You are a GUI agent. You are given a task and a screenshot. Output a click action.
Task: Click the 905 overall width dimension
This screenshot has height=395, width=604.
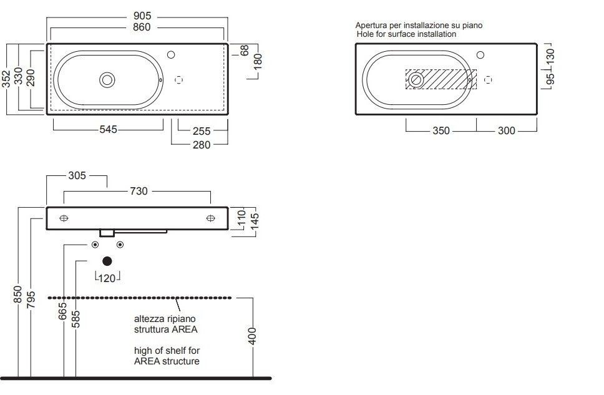click(x=142, y=16)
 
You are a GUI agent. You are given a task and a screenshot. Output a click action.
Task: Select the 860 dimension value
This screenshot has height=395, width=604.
click(x=142, y=27)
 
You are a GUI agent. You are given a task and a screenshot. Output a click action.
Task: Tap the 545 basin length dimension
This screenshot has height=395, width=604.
click(x=108, y=130)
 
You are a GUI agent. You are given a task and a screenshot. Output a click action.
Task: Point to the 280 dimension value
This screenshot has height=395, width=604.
click(x=202, y=145)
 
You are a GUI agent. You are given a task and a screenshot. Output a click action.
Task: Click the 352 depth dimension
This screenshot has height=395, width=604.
click(x=6, y=79)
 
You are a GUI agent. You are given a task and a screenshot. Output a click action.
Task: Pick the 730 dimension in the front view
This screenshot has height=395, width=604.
click(x=139, y=191)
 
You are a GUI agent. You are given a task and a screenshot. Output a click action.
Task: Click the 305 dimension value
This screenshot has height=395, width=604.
click(x=77, y=176)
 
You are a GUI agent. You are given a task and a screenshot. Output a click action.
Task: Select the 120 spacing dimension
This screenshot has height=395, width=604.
click(x=107, y=278)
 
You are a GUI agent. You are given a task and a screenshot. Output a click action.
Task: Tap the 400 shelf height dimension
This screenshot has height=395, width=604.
click(x=252, y=336)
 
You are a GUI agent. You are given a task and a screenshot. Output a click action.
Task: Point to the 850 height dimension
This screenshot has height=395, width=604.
click(x=17, y=295)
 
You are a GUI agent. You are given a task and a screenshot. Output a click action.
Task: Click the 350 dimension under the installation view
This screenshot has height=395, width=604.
click(x=441, y=130)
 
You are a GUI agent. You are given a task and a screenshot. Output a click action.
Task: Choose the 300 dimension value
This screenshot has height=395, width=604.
click(x=506, y=130)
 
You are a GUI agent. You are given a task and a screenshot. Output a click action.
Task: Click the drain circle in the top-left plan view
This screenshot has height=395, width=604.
click(x=107, y=80)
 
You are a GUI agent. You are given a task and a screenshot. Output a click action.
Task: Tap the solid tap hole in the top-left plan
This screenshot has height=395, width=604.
click(x=171, y=55)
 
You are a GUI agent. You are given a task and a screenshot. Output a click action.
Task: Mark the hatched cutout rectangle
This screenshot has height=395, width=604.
click(x=441, y=79)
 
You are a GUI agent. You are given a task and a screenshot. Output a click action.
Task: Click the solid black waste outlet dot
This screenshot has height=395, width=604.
click(x=107, y=261)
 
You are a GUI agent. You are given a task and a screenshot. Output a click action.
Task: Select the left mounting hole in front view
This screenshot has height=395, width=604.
click(x=64, y=218)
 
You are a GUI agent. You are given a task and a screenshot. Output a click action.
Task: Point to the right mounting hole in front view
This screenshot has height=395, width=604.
click(x=210, y=218)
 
